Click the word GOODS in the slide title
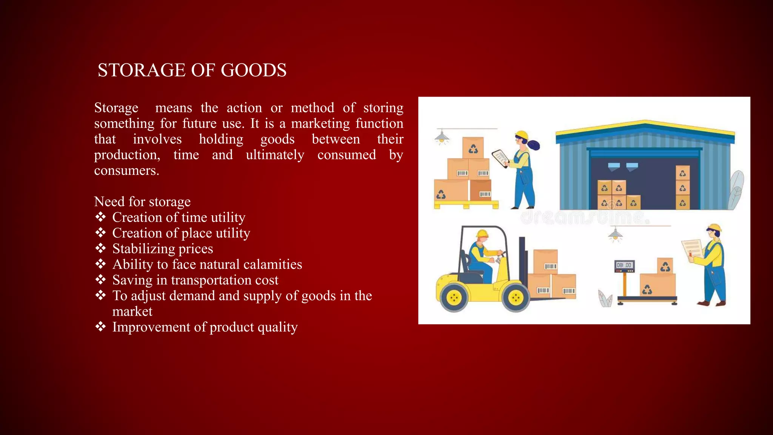(253, 70)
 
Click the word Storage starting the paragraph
(116, 108)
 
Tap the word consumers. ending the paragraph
(126, 171)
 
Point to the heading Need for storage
(142, 202)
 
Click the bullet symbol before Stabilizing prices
(100, 248)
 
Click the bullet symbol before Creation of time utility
(100, 217)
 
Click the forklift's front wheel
(515, 298)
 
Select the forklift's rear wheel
(454, 298)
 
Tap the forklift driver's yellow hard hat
(482, 233)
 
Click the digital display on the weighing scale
(624, 265)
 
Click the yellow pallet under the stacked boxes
(466, 205)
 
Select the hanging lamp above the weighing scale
(615, 234)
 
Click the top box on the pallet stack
(473, 148)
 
